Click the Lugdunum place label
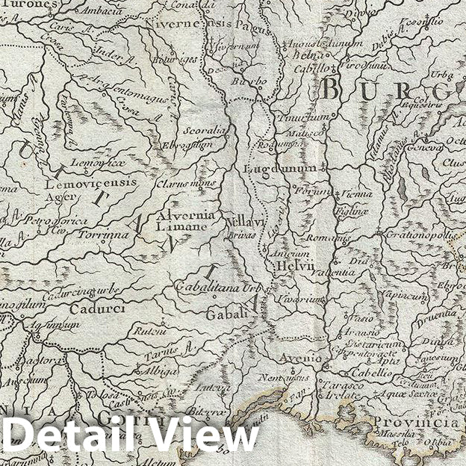pos(270,170)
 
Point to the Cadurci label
pos(93,308)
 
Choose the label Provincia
pos(422,423)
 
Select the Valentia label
pos(334,273)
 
